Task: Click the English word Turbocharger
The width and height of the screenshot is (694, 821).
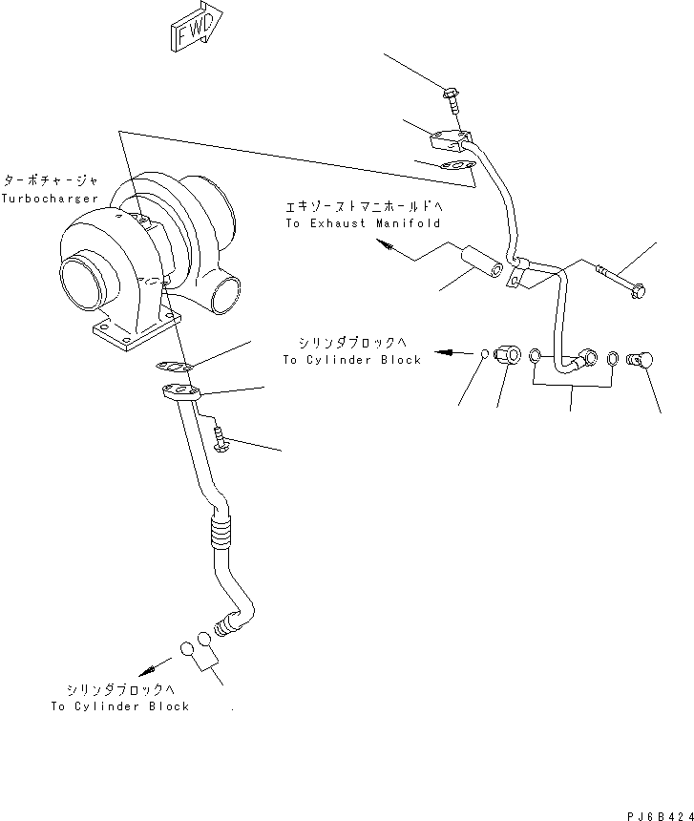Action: (x=50, y=198)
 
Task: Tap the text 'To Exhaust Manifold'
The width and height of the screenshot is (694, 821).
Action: (x=362, y=222)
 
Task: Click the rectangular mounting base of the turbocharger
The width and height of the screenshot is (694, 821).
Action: (x=135, y=331)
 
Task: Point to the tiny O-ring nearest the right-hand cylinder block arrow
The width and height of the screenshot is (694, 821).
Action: (x=485, y=355)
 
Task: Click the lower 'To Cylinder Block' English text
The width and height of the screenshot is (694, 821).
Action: (x=119, y=706)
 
